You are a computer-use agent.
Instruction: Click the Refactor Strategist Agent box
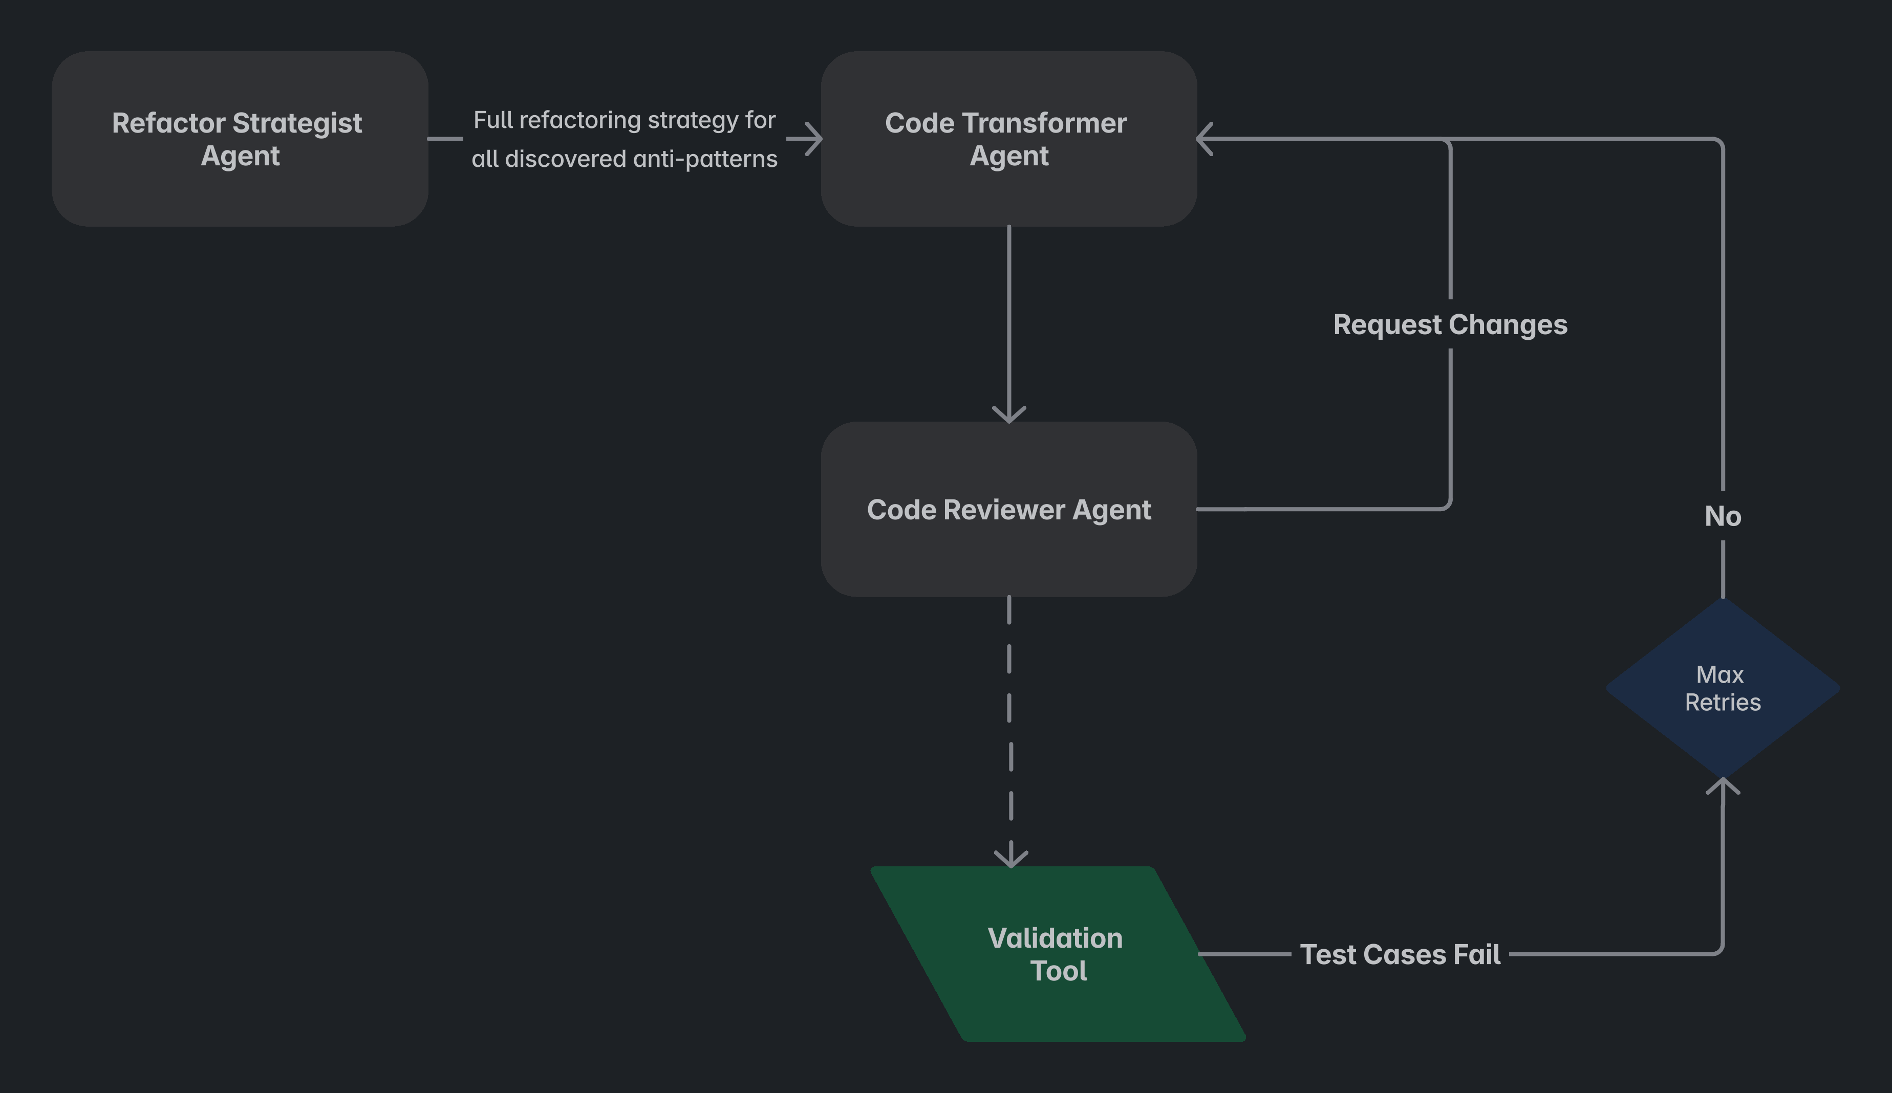(240, 139)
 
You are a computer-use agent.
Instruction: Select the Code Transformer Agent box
(1009, 139)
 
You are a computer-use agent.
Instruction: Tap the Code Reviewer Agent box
(1009, 509)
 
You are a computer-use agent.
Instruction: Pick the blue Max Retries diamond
(1723, 688)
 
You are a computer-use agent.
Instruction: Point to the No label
(1723, 516)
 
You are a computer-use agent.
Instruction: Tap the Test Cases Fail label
(1400, 954)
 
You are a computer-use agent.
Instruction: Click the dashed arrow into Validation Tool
(1010, 732)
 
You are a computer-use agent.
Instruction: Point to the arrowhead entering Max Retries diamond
(1723, 786)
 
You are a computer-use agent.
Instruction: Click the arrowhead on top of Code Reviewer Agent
(1009, 414)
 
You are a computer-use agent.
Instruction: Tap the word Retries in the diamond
(1723, 702)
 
